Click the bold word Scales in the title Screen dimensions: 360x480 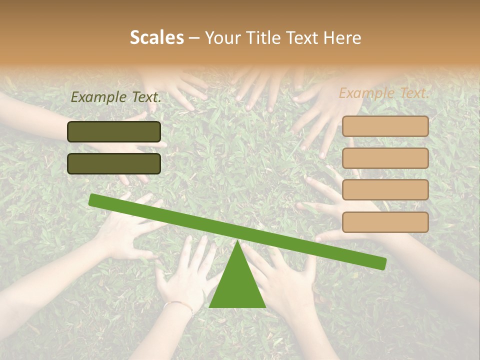pos(156,37)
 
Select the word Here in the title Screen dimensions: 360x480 pos(342,37)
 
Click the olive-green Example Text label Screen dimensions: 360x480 pos(116,97)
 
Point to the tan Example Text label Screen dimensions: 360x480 pos(384,93)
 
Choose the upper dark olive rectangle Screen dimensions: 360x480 pos(114,131)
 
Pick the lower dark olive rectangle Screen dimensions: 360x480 pos(114,163)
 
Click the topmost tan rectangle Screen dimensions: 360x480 pos(385,126)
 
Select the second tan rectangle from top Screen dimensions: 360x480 pos(385,158)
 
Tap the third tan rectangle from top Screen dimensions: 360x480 pos(385,190)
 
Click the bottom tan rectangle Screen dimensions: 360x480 pos(385,222)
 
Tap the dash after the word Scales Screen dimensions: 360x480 pos(194,38)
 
